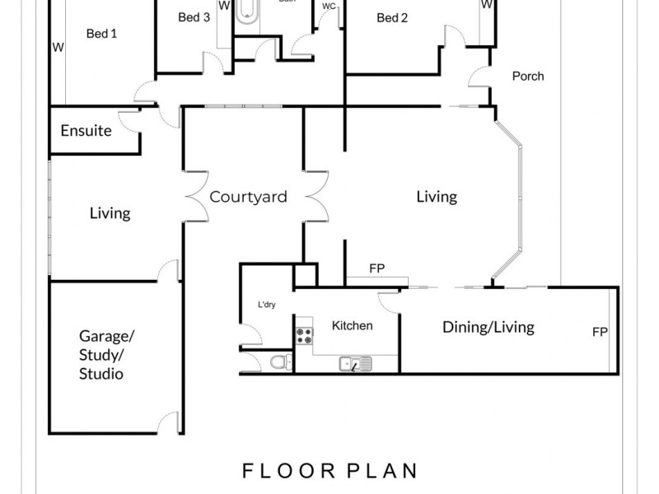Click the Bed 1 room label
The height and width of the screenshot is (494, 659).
pos(101,34)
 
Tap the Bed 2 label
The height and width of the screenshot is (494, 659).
pos(392,18)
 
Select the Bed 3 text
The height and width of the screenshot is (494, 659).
pos(194,17)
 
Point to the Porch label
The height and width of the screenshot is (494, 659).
pos(527,77)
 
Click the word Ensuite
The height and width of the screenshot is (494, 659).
pos(86,131)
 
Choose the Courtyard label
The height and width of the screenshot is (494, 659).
pos(248,197)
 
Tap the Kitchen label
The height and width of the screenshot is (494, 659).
pos(352,325)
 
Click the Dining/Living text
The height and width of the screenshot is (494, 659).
pos(488,327)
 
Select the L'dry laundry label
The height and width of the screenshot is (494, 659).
pos(266,305)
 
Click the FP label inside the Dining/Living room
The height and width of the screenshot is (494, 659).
pos(600,333)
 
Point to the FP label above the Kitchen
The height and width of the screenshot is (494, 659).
pos(376,268)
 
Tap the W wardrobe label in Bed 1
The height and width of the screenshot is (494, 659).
pos(58,47)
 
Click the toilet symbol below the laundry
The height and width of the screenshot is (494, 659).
pos(278,361)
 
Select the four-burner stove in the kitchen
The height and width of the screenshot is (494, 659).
pos(304,335)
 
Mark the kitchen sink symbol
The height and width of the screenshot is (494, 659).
pos(355,362)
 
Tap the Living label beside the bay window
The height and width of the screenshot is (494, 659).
pos(436,197)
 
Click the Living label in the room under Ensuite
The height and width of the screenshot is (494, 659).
pos(110,213)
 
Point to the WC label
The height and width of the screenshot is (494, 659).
pos(329,6)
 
